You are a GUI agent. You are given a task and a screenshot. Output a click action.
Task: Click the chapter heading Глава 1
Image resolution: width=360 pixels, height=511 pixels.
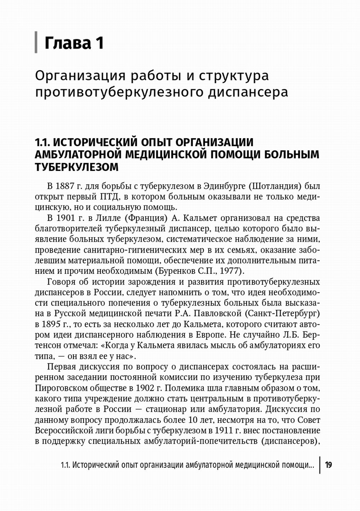point(74,43)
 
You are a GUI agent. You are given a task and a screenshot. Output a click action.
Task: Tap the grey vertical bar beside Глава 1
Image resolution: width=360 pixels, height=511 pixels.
point(36,42)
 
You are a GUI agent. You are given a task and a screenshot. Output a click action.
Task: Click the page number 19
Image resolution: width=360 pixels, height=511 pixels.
point(328,465)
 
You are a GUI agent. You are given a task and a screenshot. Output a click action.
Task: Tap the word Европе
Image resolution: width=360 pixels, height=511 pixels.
point(211,335)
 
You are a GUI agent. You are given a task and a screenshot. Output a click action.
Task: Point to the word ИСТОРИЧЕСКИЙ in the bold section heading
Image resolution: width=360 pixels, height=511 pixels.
point(98,142)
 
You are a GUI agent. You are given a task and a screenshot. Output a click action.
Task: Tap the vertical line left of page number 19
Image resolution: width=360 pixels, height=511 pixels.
point(320,465)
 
